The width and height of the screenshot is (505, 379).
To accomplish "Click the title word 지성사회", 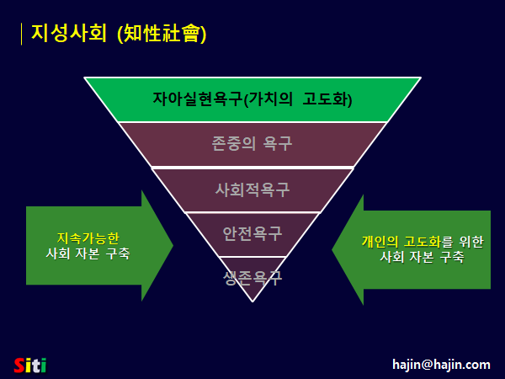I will coord(69,33).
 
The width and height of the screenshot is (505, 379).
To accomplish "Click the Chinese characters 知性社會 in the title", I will coord(162,34).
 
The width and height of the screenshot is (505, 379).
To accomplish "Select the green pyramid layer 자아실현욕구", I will coord(252,99).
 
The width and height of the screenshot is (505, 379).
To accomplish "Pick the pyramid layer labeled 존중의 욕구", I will coord(252,144).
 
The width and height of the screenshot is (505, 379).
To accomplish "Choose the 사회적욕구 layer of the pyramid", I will coord(252,189).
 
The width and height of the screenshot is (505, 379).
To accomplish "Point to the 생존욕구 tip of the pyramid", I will coord(252,275).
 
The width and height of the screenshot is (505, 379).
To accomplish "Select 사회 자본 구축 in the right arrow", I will coord(422,258).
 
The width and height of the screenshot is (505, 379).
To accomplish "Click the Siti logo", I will coord(30,365).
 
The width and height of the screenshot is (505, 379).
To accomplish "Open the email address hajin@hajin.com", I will coord(441,365).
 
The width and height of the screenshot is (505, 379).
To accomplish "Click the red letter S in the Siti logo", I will coord(20,365).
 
